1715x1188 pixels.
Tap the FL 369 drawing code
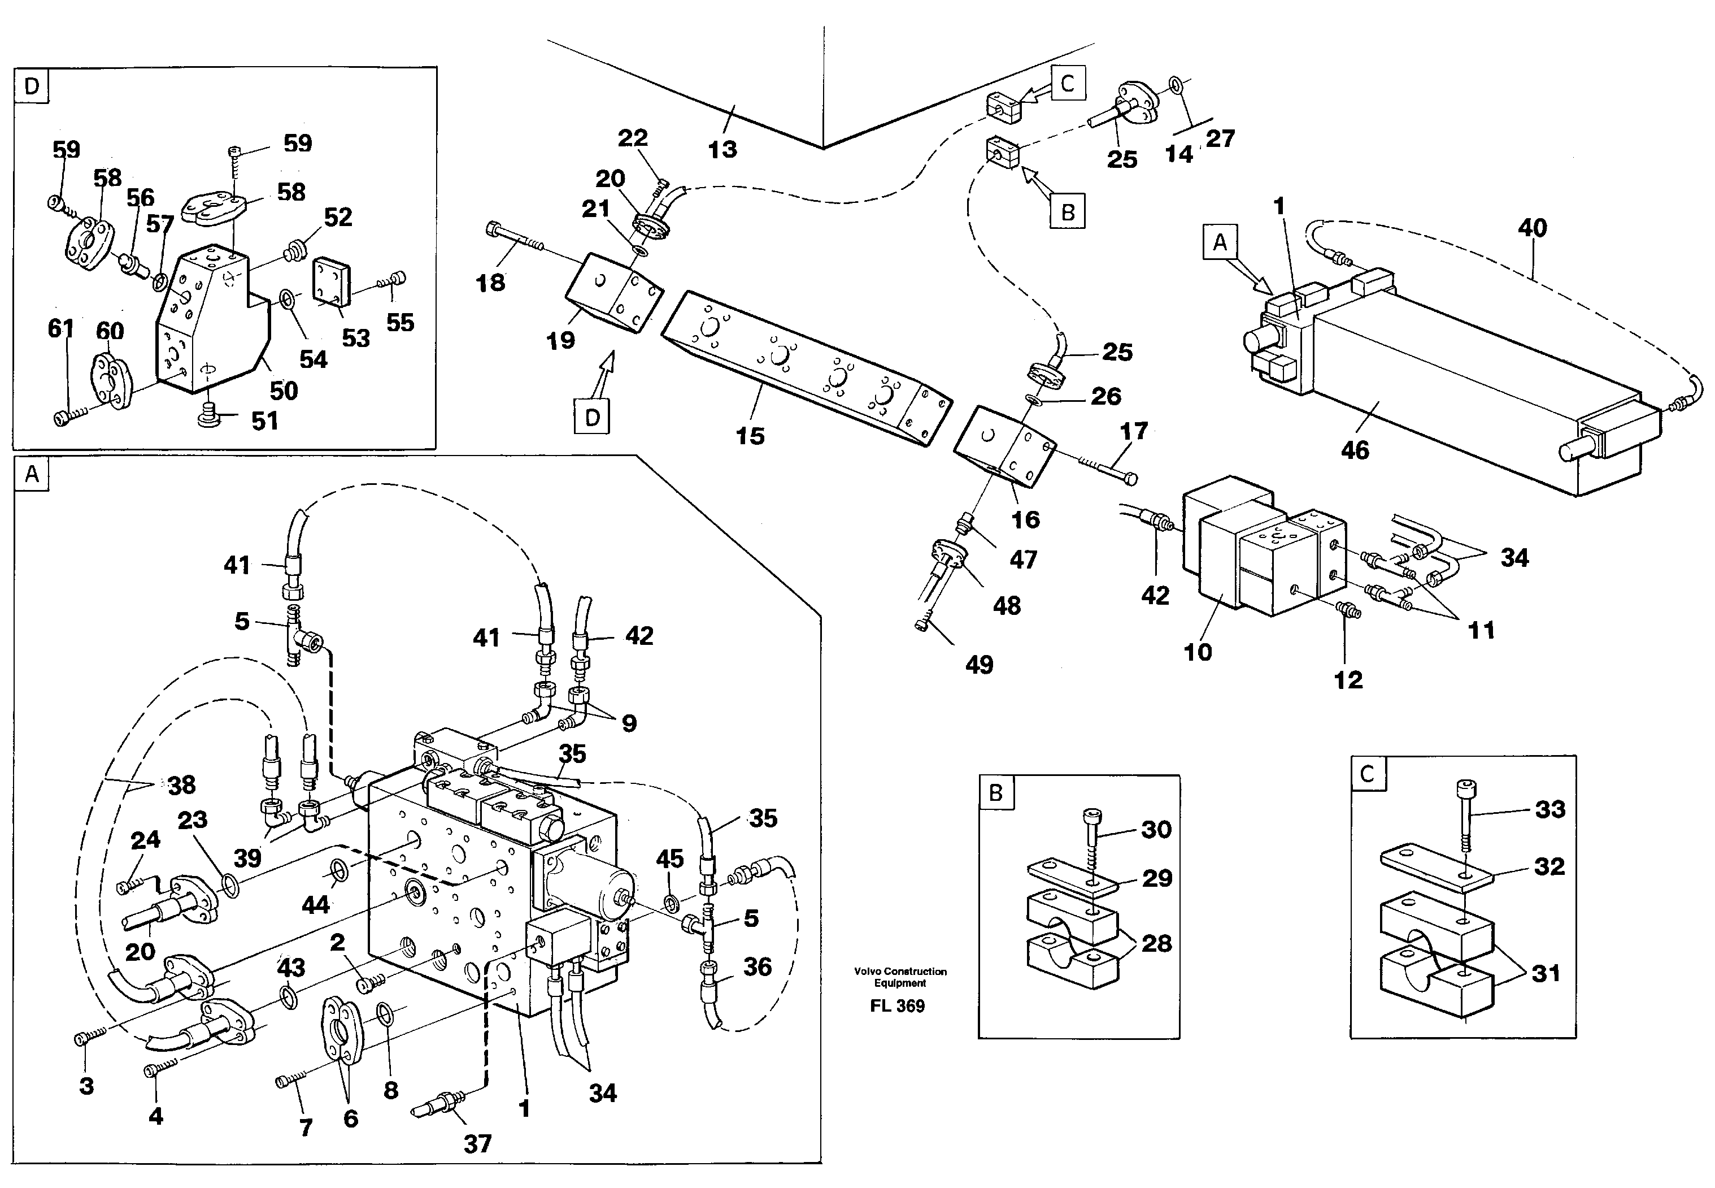click(x=896, y=1007)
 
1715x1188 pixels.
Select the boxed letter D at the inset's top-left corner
click(x=31, y=86)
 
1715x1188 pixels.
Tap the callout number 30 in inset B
click(x=1156, y=829)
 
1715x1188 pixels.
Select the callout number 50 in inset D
click(x=283, y=391)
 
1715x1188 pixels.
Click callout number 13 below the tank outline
click(x=722, y=150)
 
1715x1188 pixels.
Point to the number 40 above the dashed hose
click(x=1532, y=228)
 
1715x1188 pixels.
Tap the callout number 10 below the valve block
click(x=1198, y=652)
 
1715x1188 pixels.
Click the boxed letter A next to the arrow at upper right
click(x=1220, y=242)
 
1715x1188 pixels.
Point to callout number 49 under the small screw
click(x=978, y=665)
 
